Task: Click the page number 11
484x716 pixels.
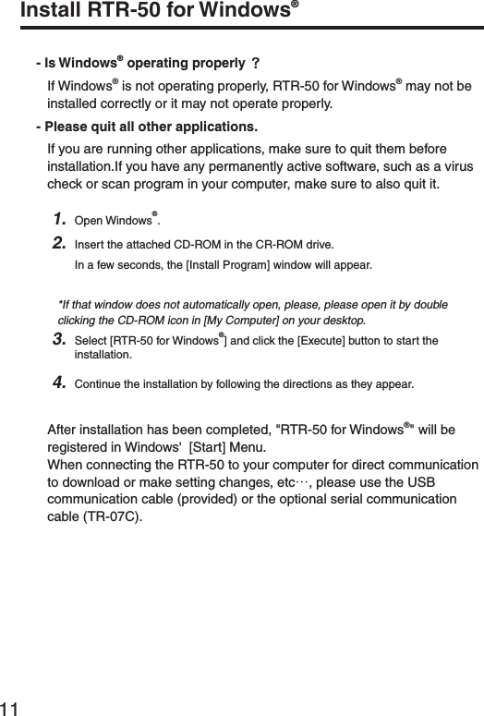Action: [11, 707]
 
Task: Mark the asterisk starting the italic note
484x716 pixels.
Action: [60, 303]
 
